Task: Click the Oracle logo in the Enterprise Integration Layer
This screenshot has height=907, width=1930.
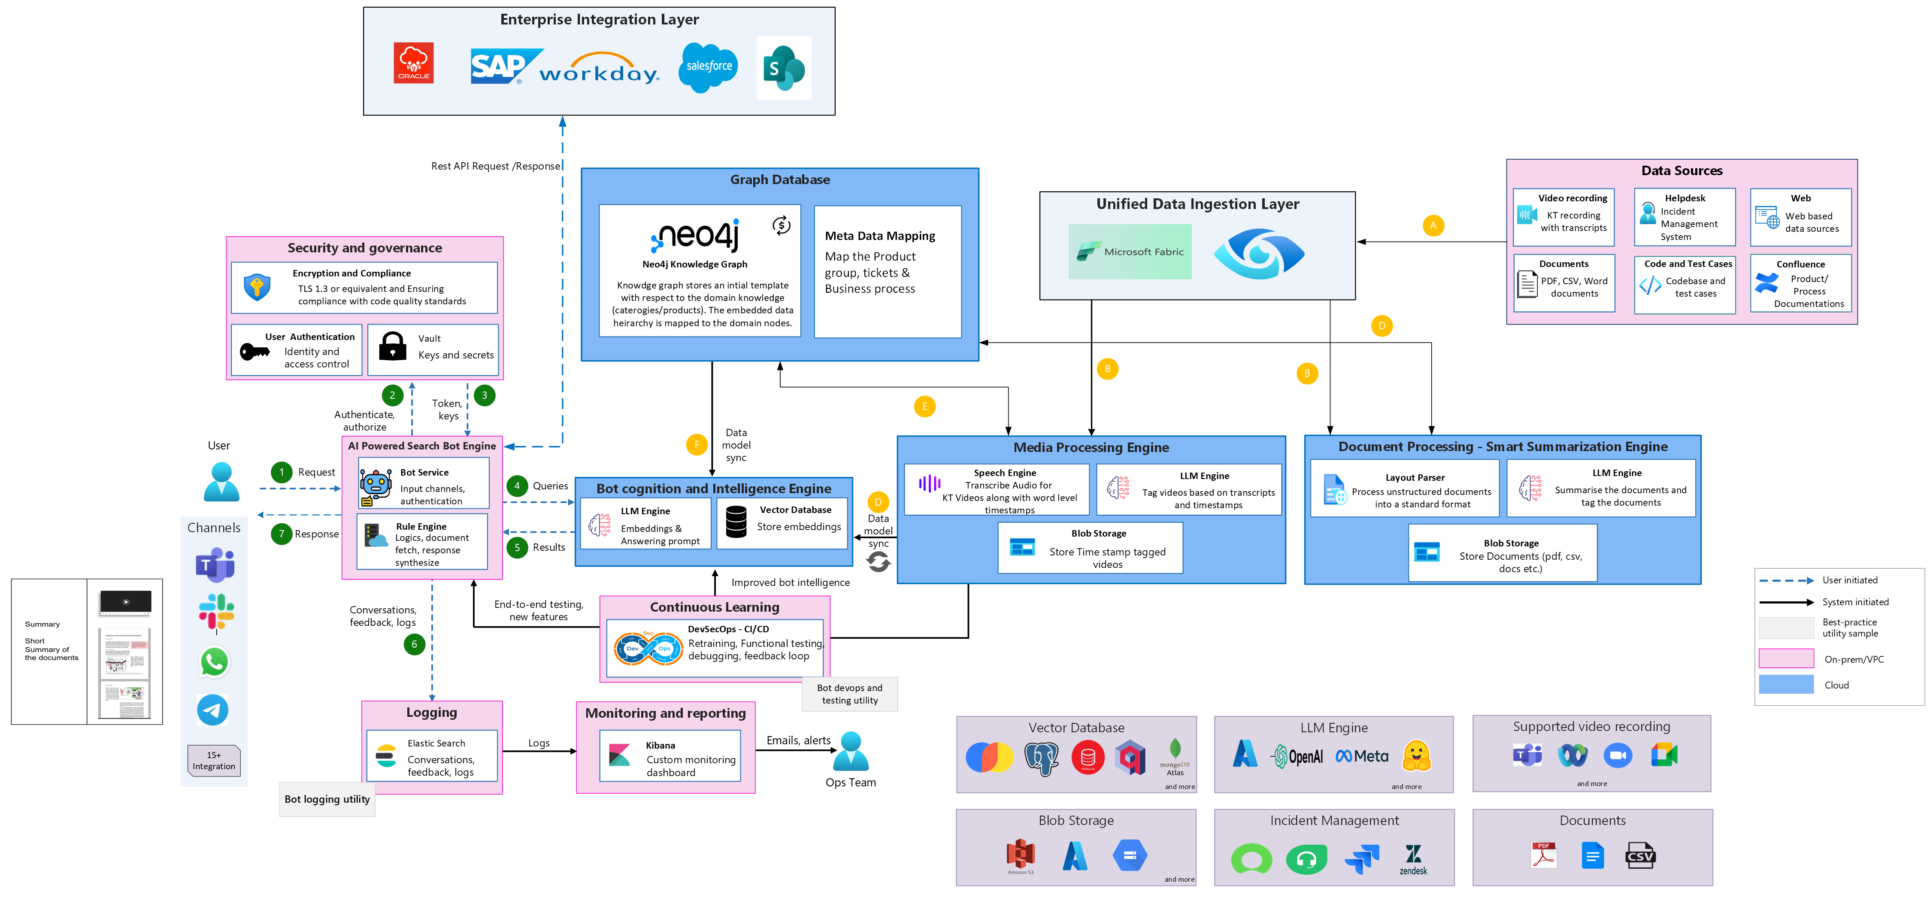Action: (414, 63)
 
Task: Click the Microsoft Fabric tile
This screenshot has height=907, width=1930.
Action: (1130, 252)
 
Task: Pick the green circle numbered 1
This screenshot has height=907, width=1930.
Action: (282, 472)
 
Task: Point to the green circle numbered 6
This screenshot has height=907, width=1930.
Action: (414, 644)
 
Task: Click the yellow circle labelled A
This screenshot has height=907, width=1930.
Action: (1433, 226)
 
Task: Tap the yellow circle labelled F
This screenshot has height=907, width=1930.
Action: (697, 445)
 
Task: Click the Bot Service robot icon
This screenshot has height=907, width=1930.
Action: (376, 486)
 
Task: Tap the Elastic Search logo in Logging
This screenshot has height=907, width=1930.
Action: (386, 755)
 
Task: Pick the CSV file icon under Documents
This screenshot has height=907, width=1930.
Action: (1640, 855)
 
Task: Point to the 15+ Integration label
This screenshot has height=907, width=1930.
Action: (214, 761)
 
